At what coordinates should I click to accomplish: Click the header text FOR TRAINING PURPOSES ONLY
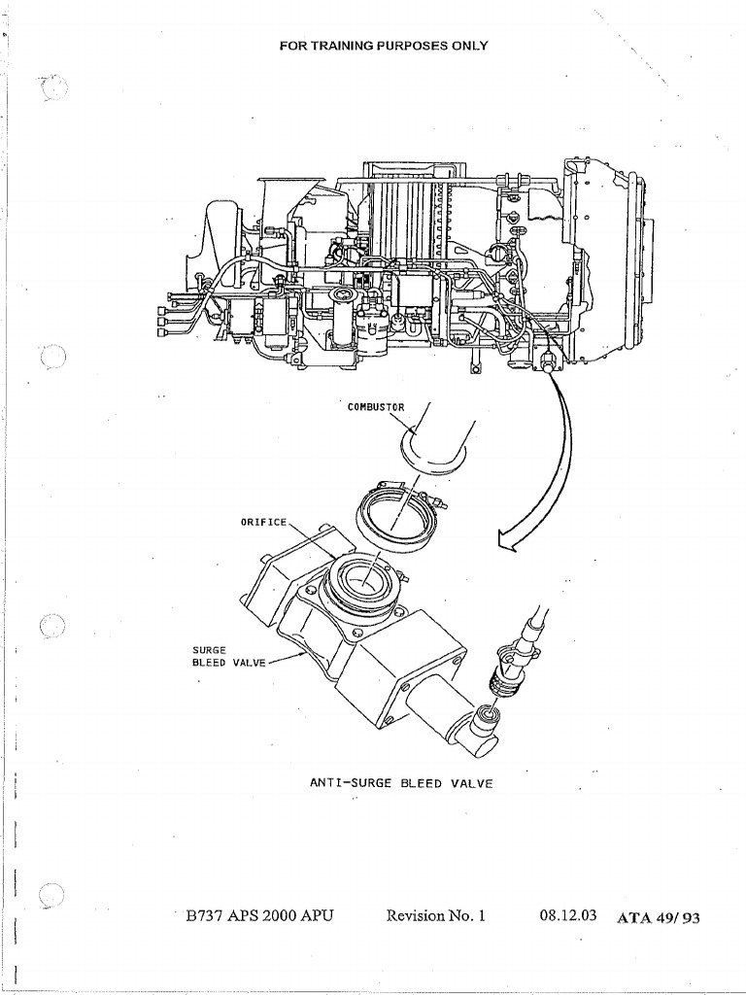pyautogui.click(x=383, y=46)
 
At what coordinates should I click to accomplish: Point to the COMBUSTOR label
pyautogui.click(x=374, y=406)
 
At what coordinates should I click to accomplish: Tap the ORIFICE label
pyautogui.click(x=264, y=522)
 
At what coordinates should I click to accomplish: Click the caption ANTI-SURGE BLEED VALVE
pyautogui.click(x=401, y=782)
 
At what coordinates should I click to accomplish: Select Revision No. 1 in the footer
pyautogui.click(x=434, y=915)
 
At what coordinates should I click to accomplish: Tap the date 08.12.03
pyautogui.click(x=567, y=915)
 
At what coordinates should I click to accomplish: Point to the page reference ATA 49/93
pyautogui.click(x=658, y=916)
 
